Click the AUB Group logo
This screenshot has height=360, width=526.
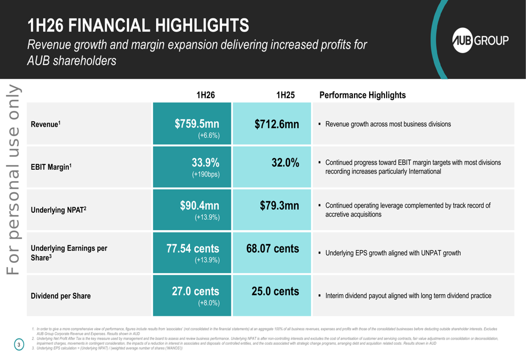[481, 41]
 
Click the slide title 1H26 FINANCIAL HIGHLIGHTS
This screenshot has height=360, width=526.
[138, 25]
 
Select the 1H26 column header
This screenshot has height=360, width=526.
[205, 95]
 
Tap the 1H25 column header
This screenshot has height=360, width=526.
[285, 95]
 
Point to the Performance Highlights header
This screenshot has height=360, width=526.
[362, 95]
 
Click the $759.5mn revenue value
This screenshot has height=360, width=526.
[197, 124]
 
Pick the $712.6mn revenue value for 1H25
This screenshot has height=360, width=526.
[277, 125]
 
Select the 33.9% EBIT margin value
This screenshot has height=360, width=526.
[205, 163]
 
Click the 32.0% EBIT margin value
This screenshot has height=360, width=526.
[285, 163]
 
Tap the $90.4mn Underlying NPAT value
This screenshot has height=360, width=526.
[199, 205]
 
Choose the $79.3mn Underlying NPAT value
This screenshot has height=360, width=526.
[279, 206]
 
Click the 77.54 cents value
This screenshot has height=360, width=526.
[193, 249]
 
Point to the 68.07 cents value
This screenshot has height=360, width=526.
[272, 249]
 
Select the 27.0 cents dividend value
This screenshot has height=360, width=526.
[196, 291]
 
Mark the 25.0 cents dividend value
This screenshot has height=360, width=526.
[275, 291]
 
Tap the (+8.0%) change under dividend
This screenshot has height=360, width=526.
[208, 303]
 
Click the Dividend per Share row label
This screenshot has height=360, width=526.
[60, 296]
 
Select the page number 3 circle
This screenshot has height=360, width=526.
[18, 345]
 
